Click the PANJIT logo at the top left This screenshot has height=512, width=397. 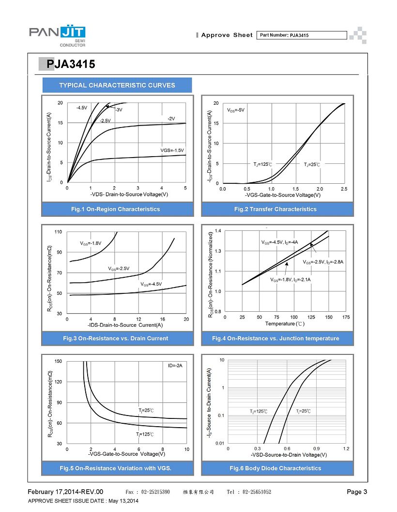click(x=57, y=36)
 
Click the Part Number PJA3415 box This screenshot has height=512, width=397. click(x=302, y=35)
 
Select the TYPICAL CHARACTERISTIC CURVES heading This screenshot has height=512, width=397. click(x=117, y=85)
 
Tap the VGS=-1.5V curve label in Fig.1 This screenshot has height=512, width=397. click(x=172, y=150)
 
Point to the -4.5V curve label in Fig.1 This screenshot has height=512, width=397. click(x=82, y=108)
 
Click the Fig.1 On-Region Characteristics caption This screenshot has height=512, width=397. click(x=116, y=209)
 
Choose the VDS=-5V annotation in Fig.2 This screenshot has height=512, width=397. click(x=236, y=110)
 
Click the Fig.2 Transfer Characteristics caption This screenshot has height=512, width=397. click(x=275, y=209)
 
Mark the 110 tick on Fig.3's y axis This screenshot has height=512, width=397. click(x=58, y=232)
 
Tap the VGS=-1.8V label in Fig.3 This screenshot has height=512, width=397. click(x=91, y=243)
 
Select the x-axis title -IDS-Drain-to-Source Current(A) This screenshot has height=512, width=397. click(x=125, y=325)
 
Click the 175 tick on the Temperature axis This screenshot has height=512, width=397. click(x=346, y=317)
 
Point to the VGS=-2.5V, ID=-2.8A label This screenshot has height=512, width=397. click(x=323, y=262)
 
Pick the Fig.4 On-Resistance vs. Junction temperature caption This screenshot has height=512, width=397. click(x=275, y=338)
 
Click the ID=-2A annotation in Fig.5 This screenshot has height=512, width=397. click(x=175, y=366)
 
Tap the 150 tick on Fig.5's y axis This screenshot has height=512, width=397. click(x=58, y=361)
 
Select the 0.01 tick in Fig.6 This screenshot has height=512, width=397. click(x=220, y=443)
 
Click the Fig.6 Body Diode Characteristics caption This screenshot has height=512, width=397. click(x=275, y=468)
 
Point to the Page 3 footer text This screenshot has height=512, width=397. click(x=357, y=492)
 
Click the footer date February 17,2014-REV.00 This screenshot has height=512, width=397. click(x=65, y=492)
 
